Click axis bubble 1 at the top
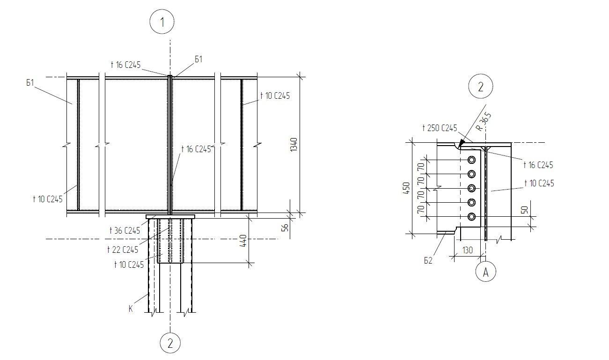coord(162,22)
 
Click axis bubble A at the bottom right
coord(485,272)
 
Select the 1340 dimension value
coord(293,145)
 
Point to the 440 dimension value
coord(243,241)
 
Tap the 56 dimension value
coord(285,228)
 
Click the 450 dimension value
coord(406,188)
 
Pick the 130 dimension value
coord(468,250)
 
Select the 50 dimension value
coord(525,210)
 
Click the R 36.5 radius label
coord(484,122)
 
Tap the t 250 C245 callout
coord(440,128)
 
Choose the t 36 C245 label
coord(125,231)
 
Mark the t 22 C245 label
coord(123,250)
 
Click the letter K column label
coord(131,309)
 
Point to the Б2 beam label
coord(428,260)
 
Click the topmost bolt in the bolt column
coord(471,160)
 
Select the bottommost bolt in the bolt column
coord(471,217)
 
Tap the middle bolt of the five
coord(471,188)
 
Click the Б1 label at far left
coord(30,82)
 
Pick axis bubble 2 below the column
coord(170,343)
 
